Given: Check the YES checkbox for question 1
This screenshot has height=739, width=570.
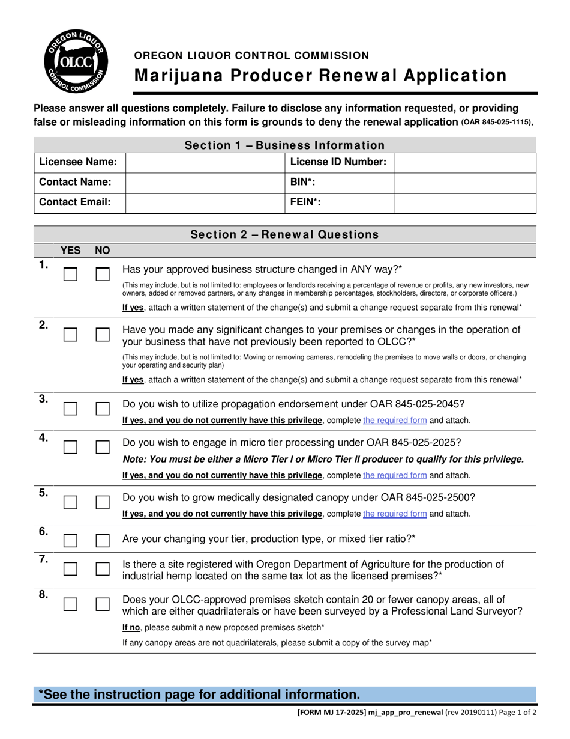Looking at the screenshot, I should coord(71,275).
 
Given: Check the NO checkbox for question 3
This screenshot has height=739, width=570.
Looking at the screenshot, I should coord(103,409).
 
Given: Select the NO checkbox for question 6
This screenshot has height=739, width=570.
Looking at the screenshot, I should coord(103,540).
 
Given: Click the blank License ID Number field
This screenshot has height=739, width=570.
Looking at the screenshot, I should coord(464,162).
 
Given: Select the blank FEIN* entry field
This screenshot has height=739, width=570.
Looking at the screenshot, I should coord(464,202).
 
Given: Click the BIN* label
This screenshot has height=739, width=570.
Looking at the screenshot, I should coord(302,182).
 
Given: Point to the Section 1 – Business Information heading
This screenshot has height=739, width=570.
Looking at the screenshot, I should coord(284,145).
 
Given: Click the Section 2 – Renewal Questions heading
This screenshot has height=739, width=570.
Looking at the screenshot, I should coord(284,234).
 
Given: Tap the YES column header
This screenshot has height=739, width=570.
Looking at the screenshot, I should coord(70,249).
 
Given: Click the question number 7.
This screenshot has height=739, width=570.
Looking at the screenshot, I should coord(43,559).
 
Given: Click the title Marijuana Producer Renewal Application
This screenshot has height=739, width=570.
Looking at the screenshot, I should coord(320,76).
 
